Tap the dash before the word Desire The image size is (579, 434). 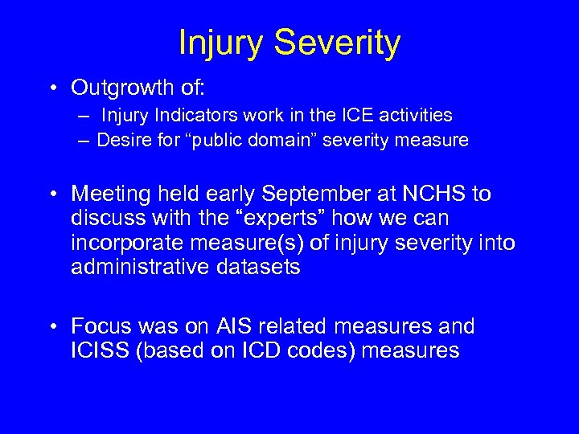84,141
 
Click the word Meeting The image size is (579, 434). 109,194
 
